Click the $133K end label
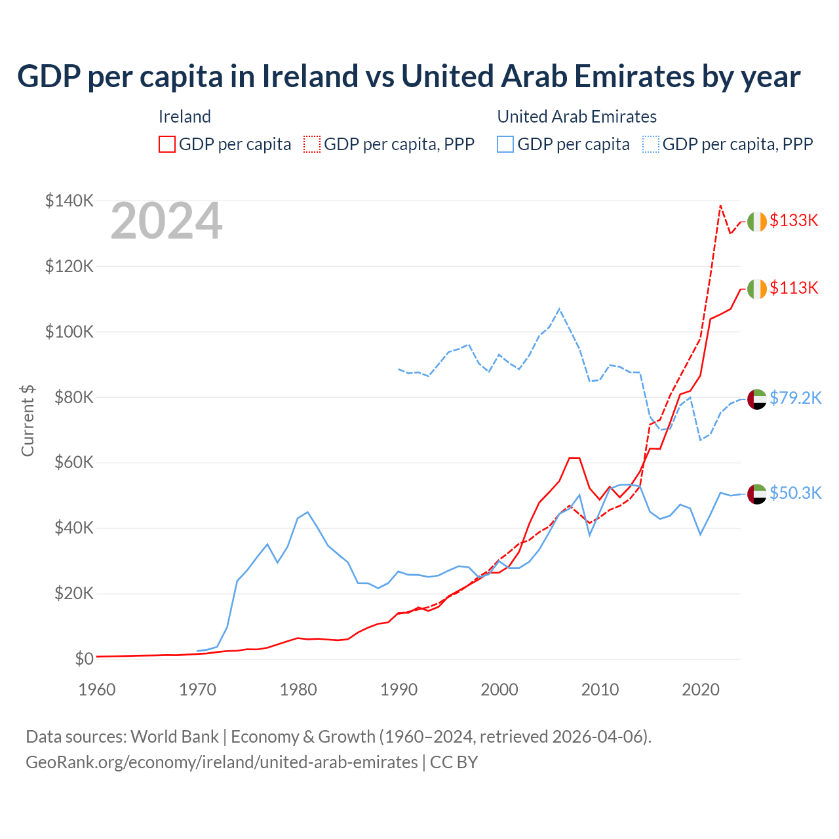[x=794, y=220]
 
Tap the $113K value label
[x=794, y=288]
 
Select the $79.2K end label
[x=795, y=398]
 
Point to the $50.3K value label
[x=795, y=493]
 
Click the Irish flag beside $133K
[x=757, y=222]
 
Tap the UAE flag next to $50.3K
[x=757, y=494]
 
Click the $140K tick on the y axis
[x=69, y=201]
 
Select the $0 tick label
[x=84, y=659]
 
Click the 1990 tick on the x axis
[x=399, y=690]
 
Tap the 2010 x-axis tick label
[x=600, y=690]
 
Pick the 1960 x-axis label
[x=97, y=690]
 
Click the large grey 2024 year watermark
[x=166, y=222]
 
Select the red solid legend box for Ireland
[x=167, y=144]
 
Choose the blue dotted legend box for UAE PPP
[x=651, y=144]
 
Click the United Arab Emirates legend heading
[x=577, y=117]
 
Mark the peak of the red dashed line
[x=720, y=206]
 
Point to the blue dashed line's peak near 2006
[x=559, y=309]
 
